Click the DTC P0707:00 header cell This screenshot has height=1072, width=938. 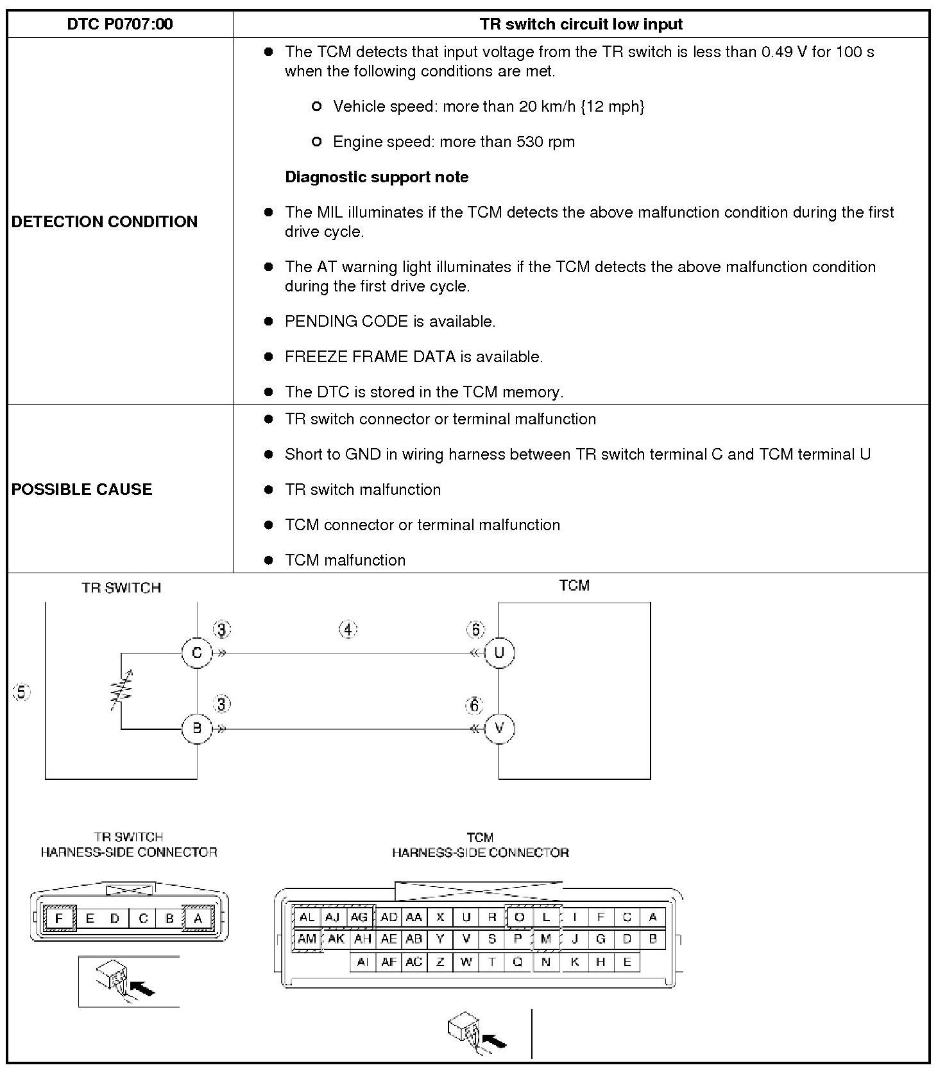(120, 24)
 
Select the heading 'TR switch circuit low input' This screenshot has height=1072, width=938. (581, 24)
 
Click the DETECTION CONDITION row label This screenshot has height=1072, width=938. (105, 221)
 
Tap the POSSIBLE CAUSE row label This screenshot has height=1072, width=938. (82, 489)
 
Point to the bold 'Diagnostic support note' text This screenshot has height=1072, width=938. (377, 177)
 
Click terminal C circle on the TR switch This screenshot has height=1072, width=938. (197, 653)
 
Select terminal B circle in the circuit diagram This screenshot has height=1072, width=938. (197, 729)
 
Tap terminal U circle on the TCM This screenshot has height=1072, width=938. (499, 653)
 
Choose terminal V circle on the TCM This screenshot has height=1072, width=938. (499, 729)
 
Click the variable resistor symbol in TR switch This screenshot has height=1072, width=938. (121, 691)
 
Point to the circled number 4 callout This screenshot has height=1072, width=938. (348, 630)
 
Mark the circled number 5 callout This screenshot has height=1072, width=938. (22, 693)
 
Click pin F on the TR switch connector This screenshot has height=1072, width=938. (59, 919)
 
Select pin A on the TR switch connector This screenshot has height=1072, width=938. (198, 919)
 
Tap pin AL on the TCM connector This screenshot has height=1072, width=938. (307, 917)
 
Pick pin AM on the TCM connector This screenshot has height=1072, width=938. (307, 939)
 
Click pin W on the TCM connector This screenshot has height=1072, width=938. (466, 962)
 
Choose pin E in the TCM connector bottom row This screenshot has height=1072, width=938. (627, 962)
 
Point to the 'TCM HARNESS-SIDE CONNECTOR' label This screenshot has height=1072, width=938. (481, 845)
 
